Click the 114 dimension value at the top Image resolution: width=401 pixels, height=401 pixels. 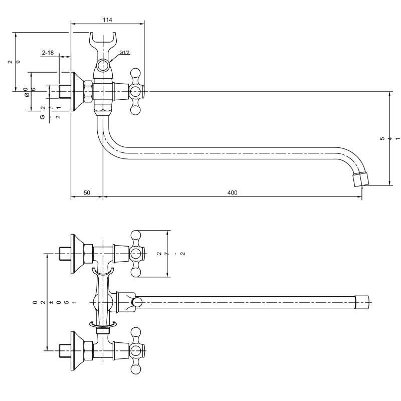coord(107,20)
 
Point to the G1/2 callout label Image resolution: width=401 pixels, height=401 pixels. coord(125,53)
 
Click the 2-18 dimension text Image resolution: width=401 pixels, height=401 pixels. coord(48,53)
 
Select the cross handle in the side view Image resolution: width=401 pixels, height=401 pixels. coord(136,92)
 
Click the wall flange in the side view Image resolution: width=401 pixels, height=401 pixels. coord(76,92)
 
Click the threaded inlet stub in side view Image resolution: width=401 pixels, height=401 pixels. coord(64,92)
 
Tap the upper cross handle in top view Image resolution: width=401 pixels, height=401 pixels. coord(136,254)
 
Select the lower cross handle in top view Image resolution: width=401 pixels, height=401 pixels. coord(136,351)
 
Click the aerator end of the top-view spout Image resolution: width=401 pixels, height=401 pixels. coord(361,302)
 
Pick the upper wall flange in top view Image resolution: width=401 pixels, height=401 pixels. coord(76,254)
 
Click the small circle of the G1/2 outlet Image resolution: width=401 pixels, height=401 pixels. coord(103,65)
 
